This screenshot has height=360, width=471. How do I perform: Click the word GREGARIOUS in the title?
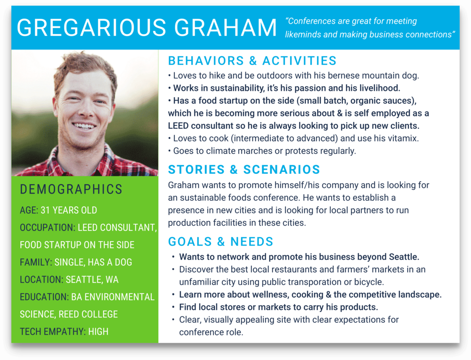coord(91,28)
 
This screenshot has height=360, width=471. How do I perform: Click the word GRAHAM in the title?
coord(225,28)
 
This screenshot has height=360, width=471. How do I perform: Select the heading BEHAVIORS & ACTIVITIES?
coord(252,61)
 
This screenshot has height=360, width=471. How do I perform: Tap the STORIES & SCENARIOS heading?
coord(244,170)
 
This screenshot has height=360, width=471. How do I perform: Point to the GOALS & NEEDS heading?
coord(220,242)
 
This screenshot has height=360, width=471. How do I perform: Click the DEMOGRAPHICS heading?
coord(71,189)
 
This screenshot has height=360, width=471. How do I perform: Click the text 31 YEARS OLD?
coord(69,210)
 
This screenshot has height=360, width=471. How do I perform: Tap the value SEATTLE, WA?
coord(92,279)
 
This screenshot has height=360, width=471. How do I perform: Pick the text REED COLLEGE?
coord(88,314)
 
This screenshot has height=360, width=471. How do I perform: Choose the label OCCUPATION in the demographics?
coord(47,228)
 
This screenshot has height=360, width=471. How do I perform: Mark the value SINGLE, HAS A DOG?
coord(93,262)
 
